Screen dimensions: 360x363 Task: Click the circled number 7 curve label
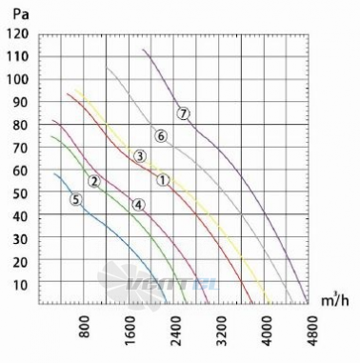click(x=183, y=113)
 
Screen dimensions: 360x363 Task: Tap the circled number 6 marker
click(x=161, y=136)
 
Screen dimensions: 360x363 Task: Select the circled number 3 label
click(x=140, y=156)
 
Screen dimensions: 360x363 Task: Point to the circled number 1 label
click(x=163, y=180)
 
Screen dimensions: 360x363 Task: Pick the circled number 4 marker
click(x=138, y=205)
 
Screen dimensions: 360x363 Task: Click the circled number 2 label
click(x=94, y=181)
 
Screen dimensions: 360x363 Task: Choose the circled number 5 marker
click(x=75, y=200)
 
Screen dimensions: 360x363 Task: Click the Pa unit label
click(x=21, y=14)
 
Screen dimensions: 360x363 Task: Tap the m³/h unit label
click(x=335, y=300)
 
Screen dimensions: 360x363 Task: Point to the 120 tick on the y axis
click(x=17, y=34)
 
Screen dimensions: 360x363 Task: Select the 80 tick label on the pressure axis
click(x=21, y=125)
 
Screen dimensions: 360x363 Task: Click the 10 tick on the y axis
click(x=21, y=285)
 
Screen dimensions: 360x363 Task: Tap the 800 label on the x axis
click(x=85, y=326)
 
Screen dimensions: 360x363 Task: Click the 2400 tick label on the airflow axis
click(x=175, y=331)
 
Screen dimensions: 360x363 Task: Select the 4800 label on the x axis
click(x=312, y=331)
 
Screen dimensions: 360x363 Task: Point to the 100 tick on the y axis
click(x=17, y=79)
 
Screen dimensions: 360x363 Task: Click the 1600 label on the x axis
click(x=130, y=331)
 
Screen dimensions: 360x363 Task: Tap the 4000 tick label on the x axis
click(x=268, y=331)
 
